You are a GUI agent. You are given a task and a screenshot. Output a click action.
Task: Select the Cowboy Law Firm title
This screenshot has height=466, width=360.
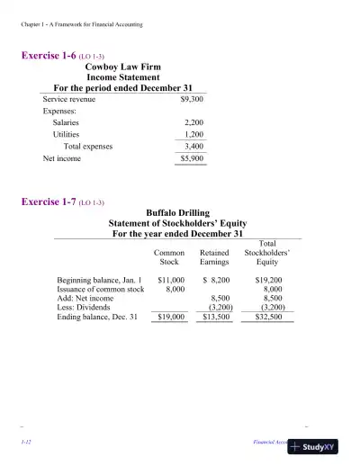click(124, 67)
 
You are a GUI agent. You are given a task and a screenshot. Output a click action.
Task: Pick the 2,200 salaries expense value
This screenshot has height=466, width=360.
click(193, 121)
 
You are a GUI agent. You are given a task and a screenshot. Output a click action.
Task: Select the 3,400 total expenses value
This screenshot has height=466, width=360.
click(193, 145)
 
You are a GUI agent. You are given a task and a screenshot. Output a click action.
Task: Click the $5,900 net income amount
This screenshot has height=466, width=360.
click(193, 158)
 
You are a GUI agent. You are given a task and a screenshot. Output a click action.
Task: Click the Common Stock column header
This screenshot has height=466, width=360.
click(169, 258)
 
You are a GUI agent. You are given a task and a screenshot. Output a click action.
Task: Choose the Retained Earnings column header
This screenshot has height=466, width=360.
click(214, 258)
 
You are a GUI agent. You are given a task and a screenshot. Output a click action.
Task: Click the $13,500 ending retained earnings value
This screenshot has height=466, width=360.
click(215, 317)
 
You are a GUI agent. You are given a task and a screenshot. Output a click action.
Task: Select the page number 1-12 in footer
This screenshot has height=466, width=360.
click(27, 444)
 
